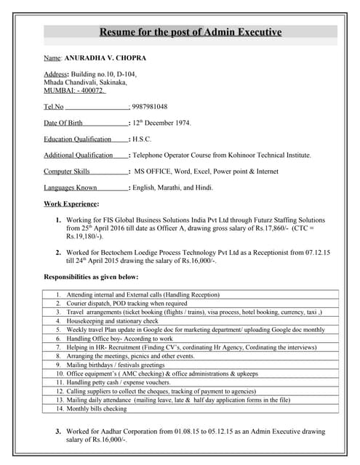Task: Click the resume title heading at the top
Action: tap(190, 32)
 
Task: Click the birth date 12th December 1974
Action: tap(161, 123)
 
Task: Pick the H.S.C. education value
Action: tap(142, 139)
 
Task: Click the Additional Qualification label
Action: tap(79, 155)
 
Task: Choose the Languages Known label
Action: tap(71, 187)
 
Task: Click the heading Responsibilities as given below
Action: tap(91, 277)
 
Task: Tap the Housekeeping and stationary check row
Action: tap(112, 320)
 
